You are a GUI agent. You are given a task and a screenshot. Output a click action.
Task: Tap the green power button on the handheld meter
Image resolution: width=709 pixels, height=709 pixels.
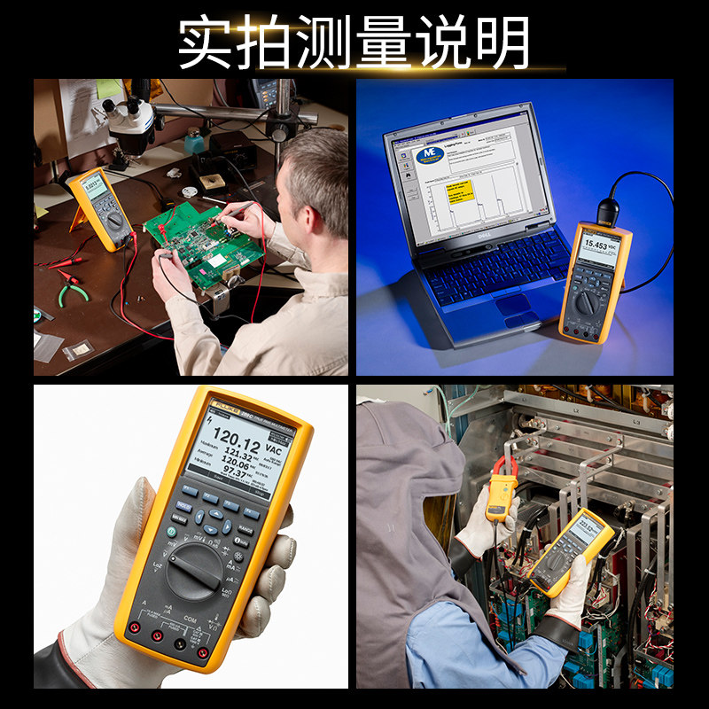[175, 533]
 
